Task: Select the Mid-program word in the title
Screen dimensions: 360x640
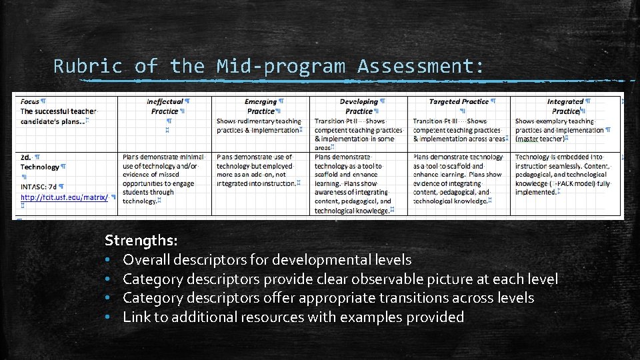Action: point(281,66)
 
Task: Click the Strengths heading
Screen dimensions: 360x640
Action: point(141,239)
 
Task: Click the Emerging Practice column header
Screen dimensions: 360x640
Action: point(261,106)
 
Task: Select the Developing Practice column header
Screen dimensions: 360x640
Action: point(359,106)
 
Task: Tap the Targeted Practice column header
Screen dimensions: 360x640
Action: point(459,101)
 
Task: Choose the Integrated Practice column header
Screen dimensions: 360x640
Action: point(565,106)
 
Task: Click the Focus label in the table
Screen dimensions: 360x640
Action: point(29,101)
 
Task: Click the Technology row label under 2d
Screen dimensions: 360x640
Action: point(40,167)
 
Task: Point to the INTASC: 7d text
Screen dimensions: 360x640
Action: point(39,187)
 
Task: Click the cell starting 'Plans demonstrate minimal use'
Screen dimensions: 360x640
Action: point(163,179)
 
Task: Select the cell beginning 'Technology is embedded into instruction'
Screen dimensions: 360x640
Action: point(563,175)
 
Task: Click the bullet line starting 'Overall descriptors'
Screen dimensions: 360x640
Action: point(267,259)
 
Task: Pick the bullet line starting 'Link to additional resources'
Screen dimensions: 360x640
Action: point(293,317)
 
